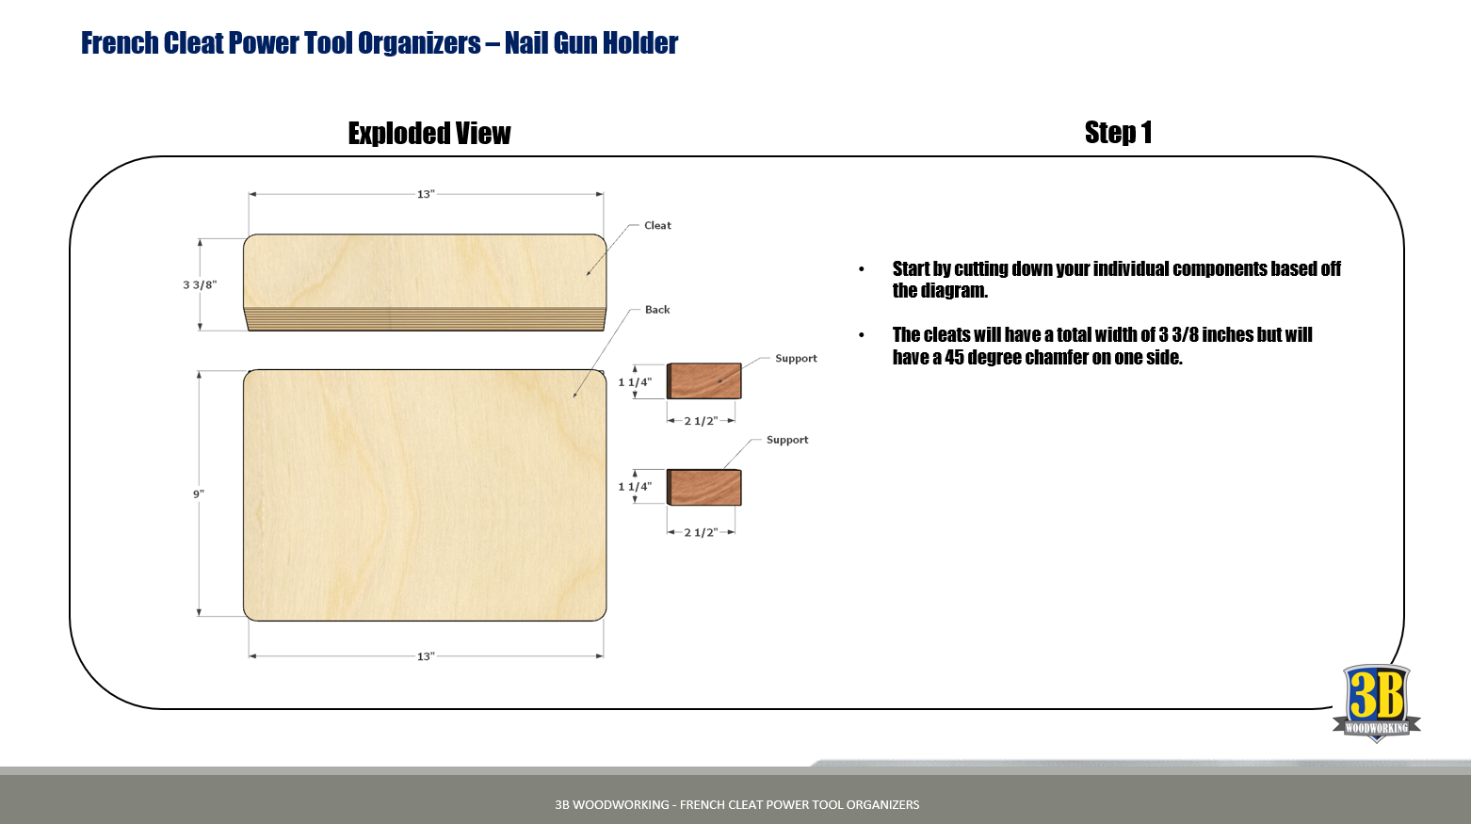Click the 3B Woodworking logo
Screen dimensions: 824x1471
click(1376, 703)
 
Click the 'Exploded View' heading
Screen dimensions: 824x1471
click(429, 134)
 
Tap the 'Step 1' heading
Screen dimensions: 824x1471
click(1118, 133)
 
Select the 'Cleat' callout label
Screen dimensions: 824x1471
click(657, 226)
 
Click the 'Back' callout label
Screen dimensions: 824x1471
click(657, 310)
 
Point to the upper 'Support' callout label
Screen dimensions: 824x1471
click(796, 359)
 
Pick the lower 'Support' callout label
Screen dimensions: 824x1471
click(787, 440)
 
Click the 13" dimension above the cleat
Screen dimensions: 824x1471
click(426, 194)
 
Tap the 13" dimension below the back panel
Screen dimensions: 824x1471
click(426, 656)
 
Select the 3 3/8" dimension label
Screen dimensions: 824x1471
click(200, 284)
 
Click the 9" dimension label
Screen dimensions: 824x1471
click(199, 494)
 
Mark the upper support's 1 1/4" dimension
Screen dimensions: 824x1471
click(635, 382)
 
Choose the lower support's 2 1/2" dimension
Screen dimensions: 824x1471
click(701, 532)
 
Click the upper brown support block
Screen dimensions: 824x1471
click(704, 380)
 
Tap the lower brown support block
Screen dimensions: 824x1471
click(704, 488)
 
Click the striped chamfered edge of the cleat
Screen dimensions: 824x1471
click(425, 319)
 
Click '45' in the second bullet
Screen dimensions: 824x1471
click(954, 358)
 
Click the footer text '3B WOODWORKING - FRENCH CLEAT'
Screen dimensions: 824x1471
click(659, 804)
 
